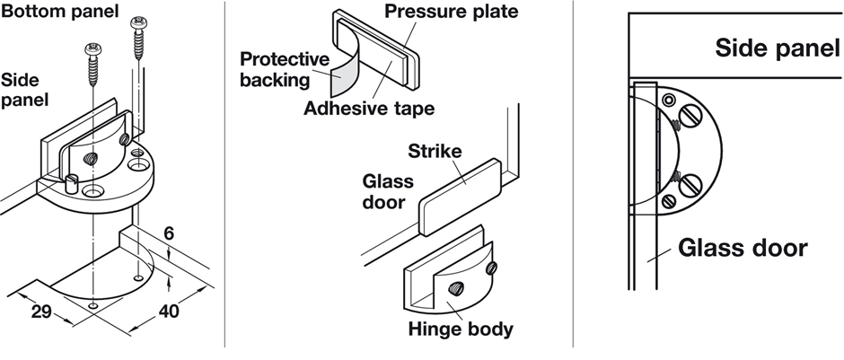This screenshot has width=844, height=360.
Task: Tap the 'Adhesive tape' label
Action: (x=368, y=110)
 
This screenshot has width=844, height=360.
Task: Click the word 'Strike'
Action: (x=435, y=151)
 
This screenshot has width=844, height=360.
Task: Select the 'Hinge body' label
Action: (x=460, y=329)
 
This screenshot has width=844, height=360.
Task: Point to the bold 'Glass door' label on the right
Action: (x=742, y=247)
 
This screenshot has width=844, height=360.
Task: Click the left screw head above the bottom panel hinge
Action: (x=92, y=48)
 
